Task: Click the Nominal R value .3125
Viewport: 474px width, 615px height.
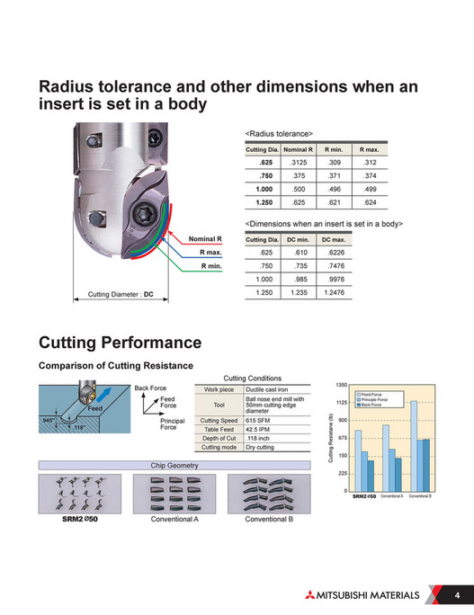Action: pos(298,162)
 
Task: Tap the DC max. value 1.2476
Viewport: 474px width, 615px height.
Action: pos(333,293)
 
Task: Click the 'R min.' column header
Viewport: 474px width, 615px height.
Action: pos(334,148)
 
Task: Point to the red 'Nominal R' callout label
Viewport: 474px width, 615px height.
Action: pos(206,238)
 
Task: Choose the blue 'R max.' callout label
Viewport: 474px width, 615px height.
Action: pos(211,253)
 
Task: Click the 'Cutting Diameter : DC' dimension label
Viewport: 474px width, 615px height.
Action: pos(121,294)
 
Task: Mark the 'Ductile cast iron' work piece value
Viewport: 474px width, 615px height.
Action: pos(266,389)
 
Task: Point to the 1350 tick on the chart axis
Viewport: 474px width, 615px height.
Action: pos(343,384)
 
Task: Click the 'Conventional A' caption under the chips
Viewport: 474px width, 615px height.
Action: pos(174,520)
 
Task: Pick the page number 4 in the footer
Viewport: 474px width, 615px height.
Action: pos(456,595)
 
